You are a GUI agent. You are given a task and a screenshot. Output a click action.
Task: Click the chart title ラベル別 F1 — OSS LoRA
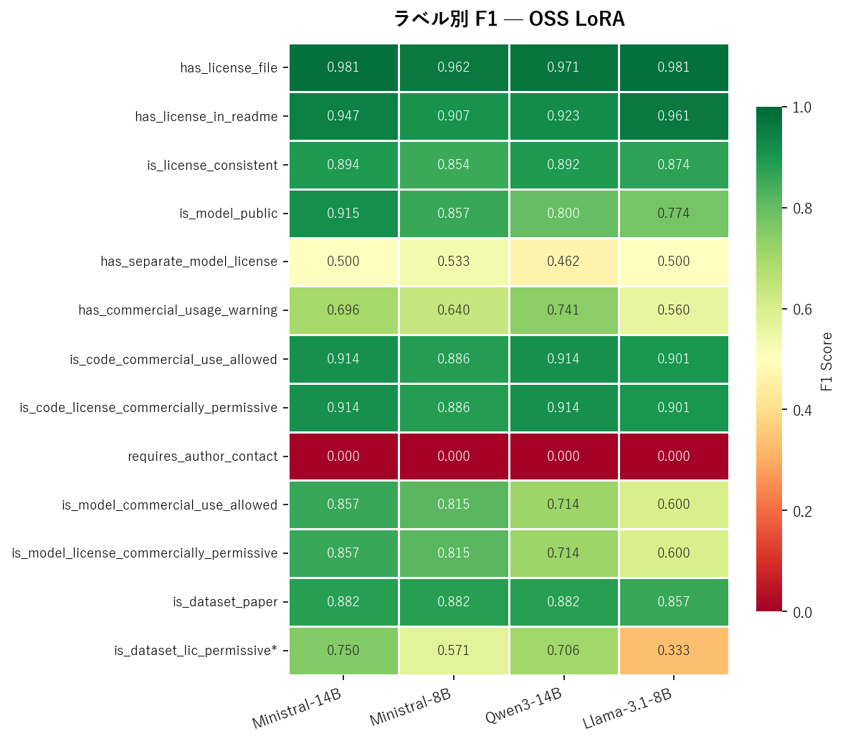pyautogui.click(x=509, y=19)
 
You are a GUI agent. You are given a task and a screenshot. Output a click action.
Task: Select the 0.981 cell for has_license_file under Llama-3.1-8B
pyautogui.click(x=674, y=67)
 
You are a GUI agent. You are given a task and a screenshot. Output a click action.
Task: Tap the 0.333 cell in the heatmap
pyautogui.click(x=674, y=651)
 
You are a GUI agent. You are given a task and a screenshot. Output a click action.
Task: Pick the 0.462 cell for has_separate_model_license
pyautogui.click(x=563, y=262)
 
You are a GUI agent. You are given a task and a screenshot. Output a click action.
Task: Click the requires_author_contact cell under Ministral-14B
pyautogui.click(x=343, y=456)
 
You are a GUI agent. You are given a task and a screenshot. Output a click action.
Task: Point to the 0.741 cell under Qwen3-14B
pyautogui.click(x=563, y=310)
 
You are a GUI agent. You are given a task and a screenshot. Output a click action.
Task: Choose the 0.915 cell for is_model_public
pyautogui.click(x=343, y=214)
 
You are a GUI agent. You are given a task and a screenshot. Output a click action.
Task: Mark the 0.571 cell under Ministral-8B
pyautogui.click(x=454, y=651)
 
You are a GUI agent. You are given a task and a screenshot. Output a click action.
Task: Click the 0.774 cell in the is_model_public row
pyautogui.click(x=674, y=214)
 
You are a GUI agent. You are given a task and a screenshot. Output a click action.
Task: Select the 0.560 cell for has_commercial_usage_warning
pyautogui.click(x=674, y=310)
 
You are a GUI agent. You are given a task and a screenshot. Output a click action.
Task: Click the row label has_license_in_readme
pyautogui.click(x=206, y=116)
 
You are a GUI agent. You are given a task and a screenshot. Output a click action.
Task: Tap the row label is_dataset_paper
pyautogui.click(x=225, y=602)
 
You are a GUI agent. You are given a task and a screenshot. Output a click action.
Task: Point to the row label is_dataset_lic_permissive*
pyautogui.click(x=196, y=651)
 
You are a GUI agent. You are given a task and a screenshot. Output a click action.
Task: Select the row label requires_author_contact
pyautogui.click(x=203, y=456)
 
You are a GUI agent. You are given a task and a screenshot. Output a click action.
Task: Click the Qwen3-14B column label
pyautogui.click(x=523, y=706)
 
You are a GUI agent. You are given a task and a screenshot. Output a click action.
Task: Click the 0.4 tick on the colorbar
pyautogui.click(x=801, y=411)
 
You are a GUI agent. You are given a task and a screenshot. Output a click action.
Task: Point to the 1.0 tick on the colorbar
pyautogui.click(x=801, y=107)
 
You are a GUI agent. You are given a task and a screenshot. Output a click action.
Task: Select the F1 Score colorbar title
pyautogui.click(x=827, y=360)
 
